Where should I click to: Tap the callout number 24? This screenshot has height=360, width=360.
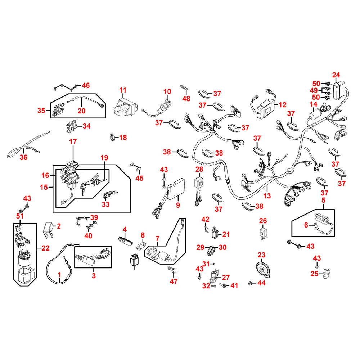336,75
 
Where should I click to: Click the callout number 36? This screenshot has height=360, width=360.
23,157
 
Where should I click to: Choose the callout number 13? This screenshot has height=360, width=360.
267,196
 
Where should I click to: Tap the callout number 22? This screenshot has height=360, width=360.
45,248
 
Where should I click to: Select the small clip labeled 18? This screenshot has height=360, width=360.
112,137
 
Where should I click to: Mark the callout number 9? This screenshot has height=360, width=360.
178,205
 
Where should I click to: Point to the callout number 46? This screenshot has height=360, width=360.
85,85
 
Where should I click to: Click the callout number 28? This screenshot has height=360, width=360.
199,169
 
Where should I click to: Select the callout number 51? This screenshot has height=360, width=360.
19,216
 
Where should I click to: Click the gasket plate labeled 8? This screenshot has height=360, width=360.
140,247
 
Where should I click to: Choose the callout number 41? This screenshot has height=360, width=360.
234,286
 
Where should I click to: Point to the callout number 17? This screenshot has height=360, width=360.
73,142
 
